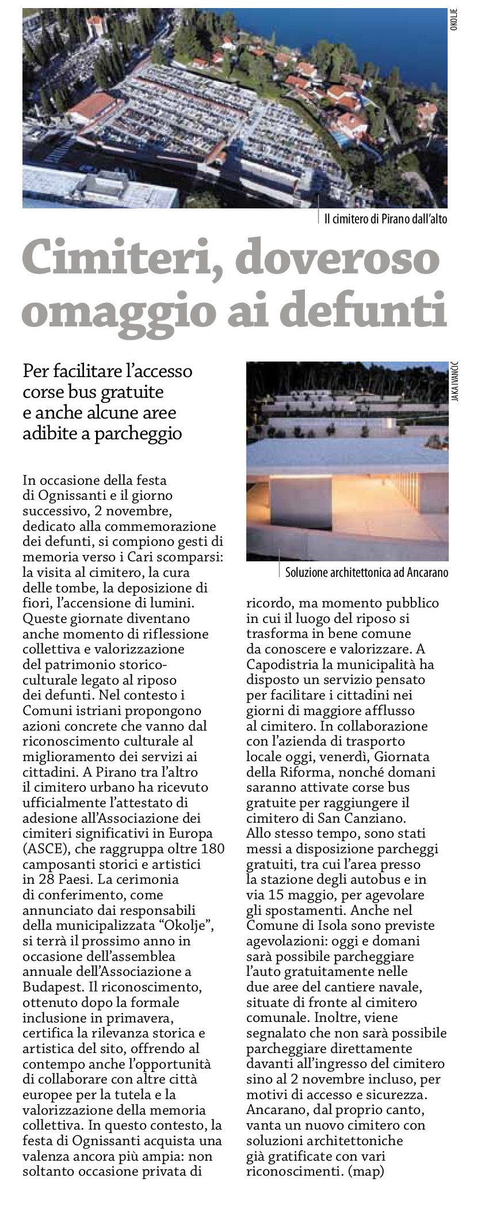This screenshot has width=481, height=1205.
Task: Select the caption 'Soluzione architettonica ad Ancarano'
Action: point(367,573)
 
